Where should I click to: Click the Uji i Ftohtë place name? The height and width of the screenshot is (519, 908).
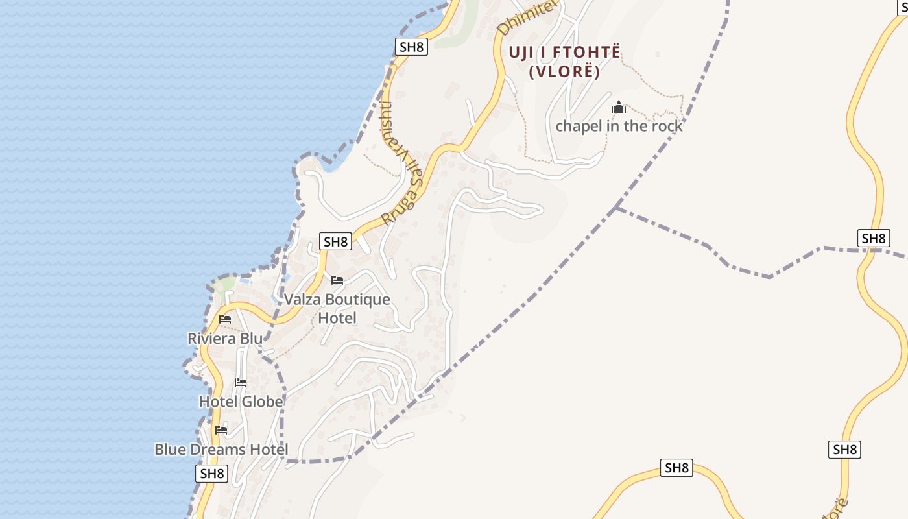tap(564, 53)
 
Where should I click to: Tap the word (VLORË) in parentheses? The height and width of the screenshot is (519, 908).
tap(564, 71)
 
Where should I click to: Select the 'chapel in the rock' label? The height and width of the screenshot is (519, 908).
tap(619, 126)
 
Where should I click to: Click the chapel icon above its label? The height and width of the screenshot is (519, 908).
tap(619, 107)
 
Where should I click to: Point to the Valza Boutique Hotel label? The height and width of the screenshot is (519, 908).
tap(337, 308)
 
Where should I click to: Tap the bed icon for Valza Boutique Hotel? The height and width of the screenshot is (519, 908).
tap(337, 280)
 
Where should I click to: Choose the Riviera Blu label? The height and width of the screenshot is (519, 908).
tap(225, 338)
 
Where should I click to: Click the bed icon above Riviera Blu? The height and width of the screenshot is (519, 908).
tap(225, 319)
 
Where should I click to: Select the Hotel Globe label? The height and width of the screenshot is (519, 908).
tap(241, 402)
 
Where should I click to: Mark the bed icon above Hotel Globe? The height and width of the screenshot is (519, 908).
tap(241, 383)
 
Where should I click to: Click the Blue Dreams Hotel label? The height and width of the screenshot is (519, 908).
tap(221, 449)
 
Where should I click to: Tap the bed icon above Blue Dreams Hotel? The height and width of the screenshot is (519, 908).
tap(221, 429)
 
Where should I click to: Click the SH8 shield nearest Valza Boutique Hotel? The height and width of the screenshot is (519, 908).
tap(335, 242)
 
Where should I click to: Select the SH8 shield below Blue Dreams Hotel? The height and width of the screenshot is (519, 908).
tap(212, 474)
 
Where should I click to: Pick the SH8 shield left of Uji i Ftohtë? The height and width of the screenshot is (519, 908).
tap(412, 47)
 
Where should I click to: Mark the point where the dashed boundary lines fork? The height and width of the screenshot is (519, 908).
tap(615, 207)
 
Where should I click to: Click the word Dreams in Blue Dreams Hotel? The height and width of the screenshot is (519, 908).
tap(221, 449)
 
